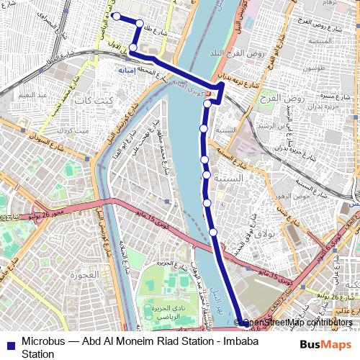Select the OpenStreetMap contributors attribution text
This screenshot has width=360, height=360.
coord(298,323)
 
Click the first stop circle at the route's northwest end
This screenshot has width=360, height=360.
coord(117,16)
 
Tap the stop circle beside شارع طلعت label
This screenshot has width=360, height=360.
coord(140,23)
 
